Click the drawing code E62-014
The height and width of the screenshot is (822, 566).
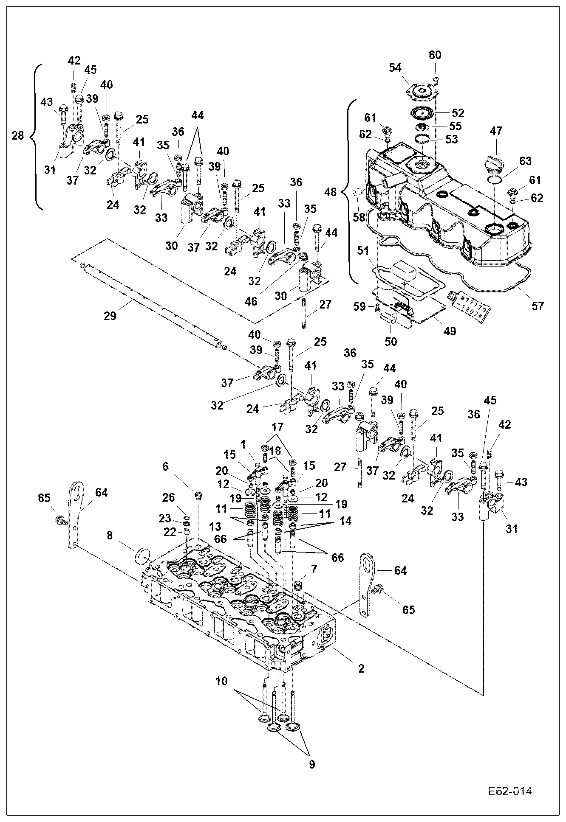coord(509,791)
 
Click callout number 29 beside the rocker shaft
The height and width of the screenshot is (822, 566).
coord(110,316)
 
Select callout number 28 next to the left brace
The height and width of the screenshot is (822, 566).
coord(18,136)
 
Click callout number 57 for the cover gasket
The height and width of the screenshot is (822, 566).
coord(538,306)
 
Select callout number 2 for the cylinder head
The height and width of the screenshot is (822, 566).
coord(361,669)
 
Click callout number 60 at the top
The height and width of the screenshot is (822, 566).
coord(435,55)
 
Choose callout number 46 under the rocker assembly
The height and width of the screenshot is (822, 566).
coord(251,301)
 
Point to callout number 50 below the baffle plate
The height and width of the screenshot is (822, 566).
coord(391,341)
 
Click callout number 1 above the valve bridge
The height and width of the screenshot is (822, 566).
coord(243,444)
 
